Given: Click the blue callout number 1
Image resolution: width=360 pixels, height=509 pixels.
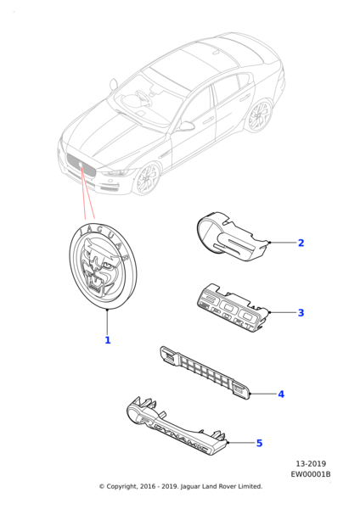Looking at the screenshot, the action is (x=108, y=340).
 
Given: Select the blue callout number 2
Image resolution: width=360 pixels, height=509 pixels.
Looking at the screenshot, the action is (x=301, y=243).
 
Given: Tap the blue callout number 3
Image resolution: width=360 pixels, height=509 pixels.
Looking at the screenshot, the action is (x=301, y=312).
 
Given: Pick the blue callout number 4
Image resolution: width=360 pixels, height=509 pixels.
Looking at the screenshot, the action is (x=281, y=394).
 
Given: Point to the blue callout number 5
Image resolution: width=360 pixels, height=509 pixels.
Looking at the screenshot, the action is (x=259, y=443).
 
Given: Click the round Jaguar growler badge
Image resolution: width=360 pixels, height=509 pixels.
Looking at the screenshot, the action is (x=103, y=266).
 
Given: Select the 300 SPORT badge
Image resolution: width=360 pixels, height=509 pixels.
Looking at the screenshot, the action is (x=233, y=308).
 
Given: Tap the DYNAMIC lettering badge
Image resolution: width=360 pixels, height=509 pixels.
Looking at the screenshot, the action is (x=177, y=425).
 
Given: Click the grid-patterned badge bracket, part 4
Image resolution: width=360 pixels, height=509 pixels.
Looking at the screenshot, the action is (x=205, y=372).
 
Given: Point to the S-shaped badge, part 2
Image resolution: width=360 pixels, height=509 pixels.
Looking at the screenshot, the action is (x=233, y=236).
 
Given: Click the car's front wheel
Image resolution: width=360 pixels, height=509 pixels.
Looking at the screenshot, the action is (x=148, y=179).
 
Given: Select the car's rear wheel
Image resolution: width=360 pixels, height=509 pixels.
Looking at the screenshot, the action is (x=259, y=116).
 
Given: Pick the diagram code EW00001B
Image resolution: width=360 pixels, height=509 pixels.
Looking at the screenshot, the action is (x=311, y=474).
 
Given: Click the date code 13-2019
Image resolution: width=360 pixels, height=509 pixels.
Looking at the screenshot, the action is (x=311, y=463).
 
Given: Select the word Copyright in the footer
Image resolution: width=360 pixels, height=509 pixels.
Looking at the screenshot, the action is (x=121, y=487).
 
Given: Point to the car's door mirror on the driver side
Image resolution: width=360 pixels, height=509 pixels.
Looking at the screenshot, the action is (x=186, y=126).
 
